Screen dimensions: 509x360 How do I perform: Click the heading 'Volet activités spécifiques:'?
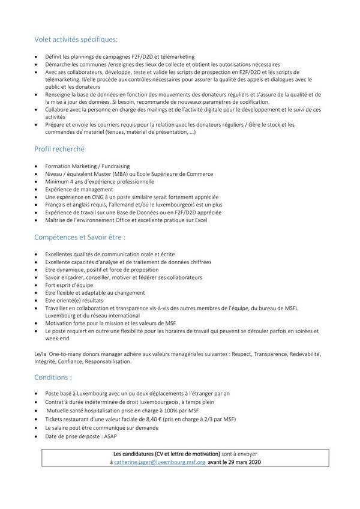coord(76,40)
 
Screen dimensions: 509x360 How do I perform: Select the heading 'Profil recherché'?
coord(59,148)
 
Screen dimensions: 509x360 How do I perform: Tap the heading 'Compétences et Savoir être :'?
coord(80,237)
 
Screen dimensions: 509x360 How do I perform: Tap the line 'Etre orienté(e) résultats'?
coord(74,300)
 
